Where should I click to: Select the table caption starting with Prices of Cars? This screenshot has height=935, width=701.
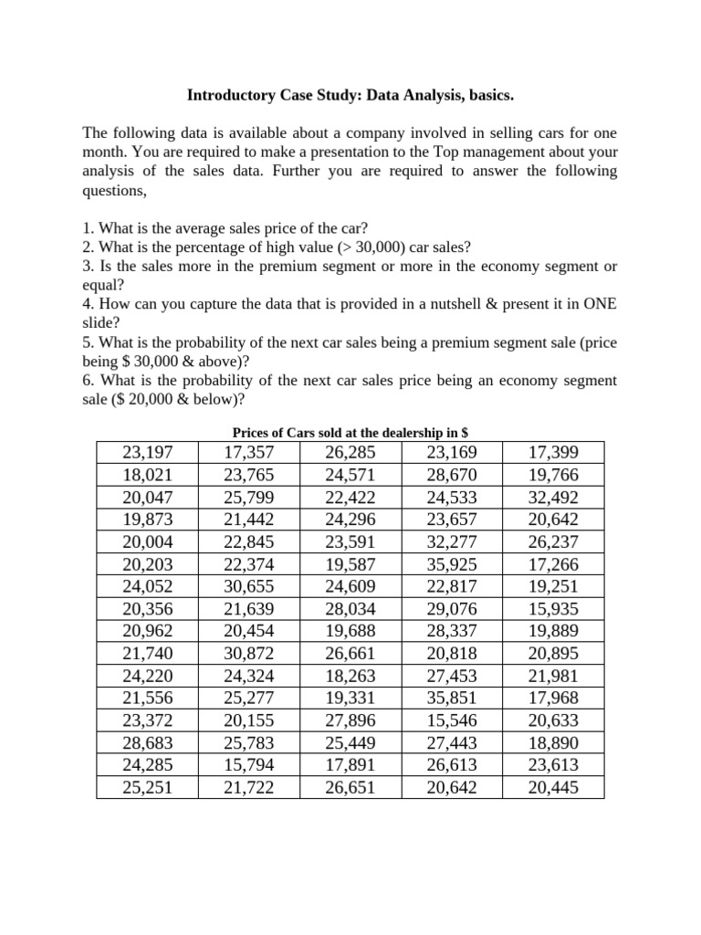350,432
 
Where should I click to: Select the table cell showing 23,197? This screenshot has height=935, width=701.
147,453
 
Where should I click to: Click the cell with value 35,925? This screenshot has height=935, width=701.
451,564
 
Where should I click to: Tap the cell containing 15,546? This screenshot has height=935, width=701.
451,720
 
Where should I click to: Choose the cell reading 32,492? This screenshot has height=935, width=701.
552,498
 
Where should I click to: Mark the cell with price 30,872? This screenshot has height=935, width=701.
248,654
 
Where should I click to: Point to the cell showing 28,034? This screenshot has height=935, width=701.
350,609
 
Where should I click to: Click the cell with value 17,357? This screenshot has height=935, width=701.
248,453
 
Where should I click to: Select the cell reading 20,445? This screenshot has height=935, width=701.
552,787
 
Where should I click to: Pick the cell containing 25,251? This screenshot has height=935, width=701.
147,787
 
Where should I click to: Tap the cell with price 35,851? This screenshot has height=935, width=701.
451,699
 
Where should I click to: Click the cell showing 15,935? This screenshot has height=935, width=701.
552,609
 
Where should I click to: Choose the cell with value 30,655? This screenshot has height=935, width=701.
248,587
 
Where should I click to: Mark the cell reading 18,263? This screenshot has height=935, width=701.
350,676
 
